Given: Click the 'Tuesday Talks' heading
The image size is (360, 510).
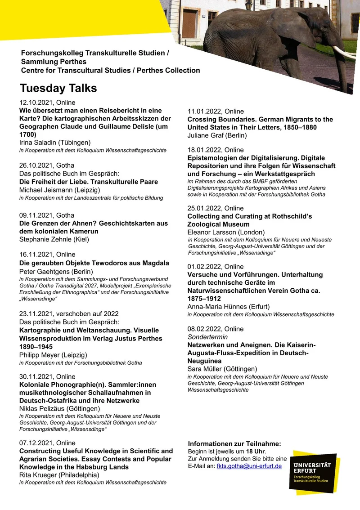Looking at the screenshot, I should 58,88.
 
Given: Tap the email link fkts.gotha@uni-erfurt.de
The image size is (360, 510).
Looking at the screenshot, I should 249,466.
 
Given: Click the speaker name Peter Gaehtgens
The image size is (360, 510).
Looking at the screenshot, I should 39,271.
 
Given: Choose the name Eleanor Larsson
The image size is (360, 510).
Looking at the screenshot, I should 208,232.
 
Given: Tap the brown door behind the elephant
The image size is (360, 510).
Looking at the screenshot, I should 189,22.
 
